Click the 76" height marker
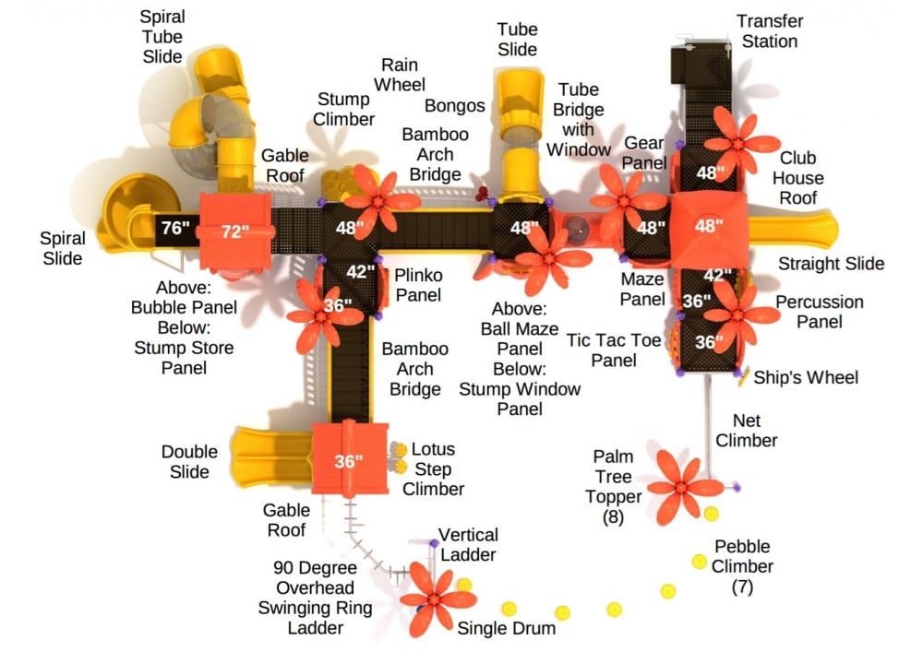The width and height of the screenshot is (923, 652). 172,229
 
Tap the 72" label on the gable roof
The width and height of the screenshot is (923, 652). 235,231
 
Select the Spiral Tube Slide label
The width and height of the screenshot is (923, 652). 162,38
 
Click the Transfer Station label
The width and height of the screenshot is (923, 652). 769,30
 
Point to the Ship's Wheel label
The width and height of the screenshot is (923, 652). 806,377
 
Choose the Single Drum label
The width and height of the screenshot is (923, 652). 507,628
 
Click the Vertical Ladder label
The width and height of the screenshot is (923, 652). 467,544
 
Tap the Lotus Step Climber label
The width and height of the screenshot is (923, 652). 433,469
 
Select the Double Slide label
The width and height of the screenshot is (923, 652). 189,462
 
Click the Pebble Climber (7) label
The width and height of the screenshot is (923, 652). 742,566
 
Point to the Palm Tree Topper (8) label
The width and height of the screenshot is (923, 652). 613,486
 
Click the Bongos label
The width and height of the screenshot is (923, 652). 455,106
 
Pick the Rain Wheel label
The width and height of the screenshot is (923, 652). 401,75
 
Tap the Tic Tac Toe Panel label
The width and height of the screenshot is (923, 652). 615,350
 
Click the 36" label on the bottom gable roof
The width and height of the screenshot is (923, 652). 348,462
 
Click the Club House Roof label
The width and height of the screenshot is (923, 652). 798,177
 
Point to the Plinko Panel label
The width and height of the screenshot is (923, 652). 418,285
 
